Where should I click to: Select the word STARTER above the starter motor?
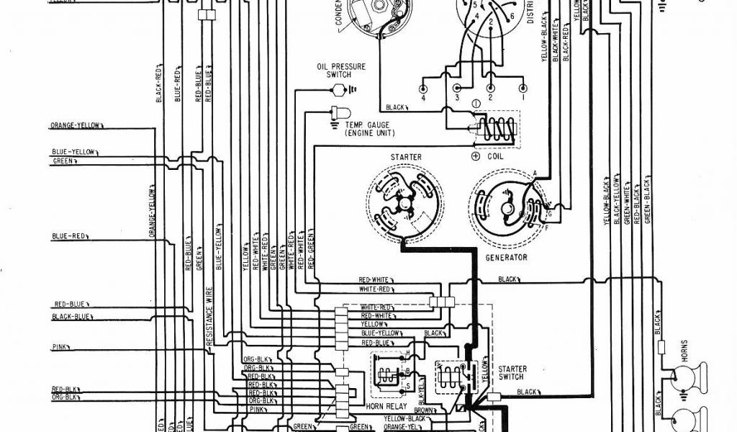click(x=407, y=157)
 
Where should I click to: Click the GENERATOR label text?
click(x=506, y=257)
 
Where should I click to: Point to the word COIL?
click(x=494, y=156)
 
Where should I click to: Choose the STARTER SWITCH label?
click(x=512, y=373)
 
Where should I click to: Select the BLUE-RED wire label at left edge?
click(x=70, y=236)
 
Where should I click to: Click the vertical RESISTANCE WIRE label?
click(x=209, y=317)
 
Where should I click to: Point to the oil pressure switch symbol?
click(x=337, y=90)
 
